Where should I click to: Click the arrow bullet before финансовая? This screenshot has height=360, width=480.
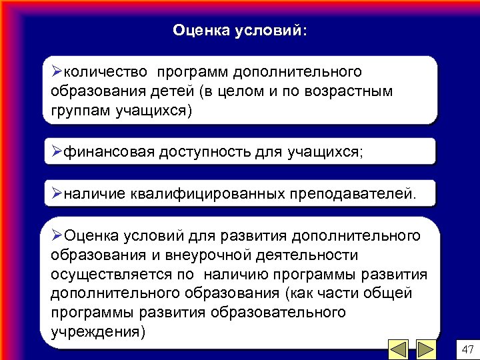(x=57, y=151)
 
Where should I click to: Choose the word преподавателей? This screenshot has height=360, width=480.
(x=352, y=194)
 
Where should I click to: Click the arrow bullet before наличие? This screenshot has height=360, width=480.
(x=57, y=193)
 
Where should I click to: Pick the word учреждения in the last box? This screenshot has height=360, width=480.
(x=97, y=331)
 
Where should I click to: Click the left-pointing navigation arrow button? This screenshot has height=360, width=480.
(x=399, y=349)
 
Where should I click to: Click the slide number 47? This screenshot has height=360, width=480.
(x=467, y=349)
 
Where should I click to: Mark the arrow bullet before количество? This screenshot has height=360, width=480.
(x=57, y=71)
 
